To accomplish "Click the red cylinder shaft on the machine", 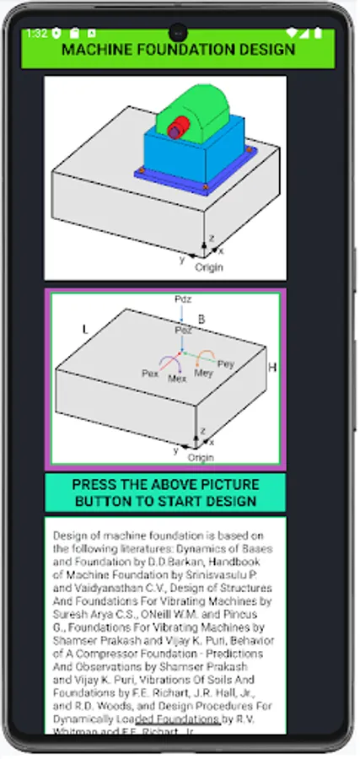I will [x=175, y=130].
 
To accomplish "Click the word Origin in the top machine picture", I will [x=209, y=267].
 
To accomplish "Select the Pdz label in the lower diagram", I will [x=182, y=299].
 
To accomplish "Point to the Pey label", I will [x=225, y=363].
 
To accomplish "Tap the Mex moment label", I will [x=177, y=379].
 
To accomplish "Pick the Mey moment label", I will [x=204, y=372].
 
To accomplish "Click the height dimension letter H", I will [x=272, y=368].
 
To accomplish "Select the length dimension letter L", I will [x=84, y=328].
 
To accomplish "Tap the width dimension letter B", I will [x=201, y=319].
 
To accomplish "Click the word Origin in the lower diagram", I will [x=201, y=457].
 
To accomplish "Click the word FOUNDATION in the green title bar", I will [x=179, y=49].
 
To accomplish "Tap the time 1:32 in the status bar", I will [x=36, y=34].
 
